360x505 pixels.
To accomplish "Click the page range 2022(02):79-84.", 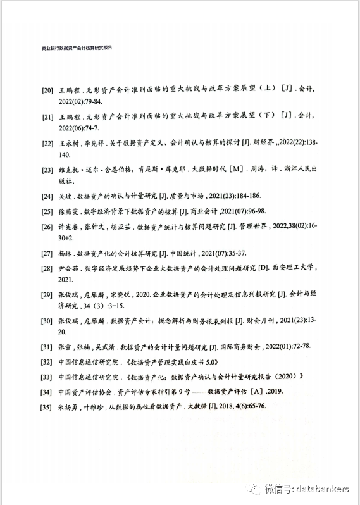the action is tap(80, 101).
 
